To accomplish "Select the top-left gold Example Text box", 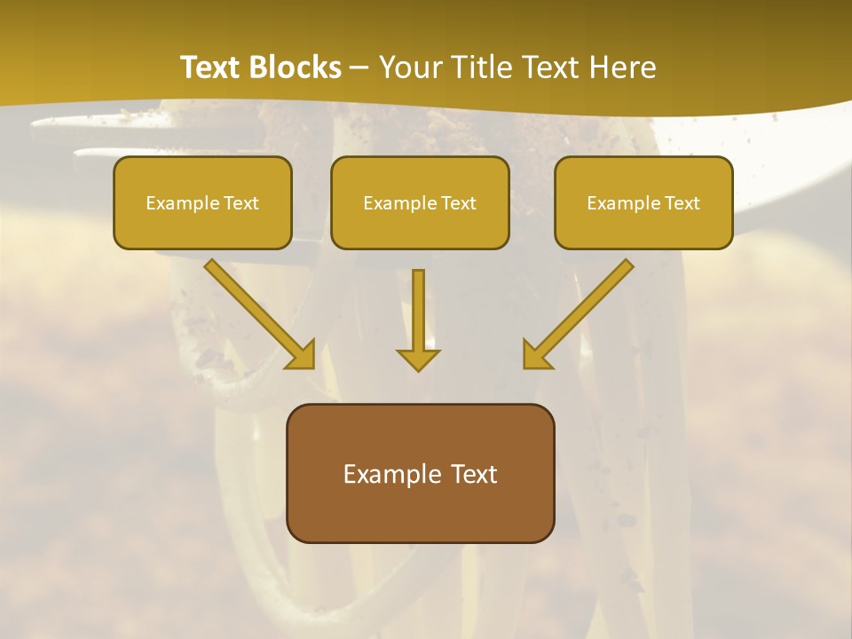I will click(202, 202).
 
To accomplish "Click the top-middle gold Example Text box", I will click(420, 202).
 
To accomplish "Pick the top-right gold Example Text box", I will click(643, 202).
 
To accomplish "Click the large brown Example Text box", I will click(420, 473).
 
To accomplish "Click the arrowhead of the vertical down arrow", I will click(418, 359).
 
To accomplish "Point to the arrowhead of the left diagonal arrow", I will click(302, 355).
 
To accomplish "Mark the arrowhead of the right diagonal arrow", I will click(536, 355).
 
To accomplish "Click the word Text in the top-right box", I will click(682, 203).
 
